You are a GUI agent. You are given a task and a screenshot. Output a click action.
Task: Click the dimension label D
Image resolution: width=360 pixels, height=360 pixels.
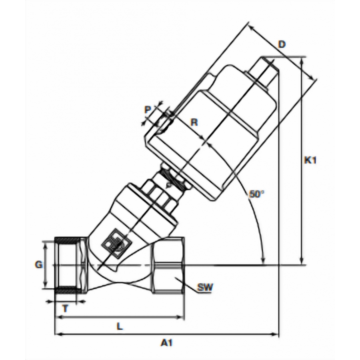(x=282, y=44)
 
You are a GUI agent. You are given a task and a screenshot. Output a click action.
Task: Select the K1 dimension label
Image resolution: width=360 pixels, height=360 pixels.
(x=310, y=160)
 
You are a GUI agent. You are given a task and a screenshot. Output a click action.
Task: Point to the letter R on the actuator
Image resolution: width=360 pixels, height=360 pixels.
(x=194, y=122)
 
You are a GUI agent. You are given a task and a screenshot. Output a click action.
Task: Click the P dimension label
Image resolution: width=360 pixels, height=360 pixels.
(x=148, y=110)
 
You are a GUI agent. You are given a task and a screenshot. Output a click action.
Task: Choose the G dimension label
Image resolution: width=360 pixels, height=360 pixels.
(x=39, y=265)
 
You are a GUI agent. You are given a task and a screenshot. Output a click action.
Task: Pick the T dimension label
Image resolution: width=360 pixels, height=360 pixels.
(x=66, y=308)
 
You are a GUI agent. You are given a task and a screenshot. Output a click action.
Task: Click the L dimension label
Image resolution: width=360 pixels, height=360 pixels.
(x=120, y=326)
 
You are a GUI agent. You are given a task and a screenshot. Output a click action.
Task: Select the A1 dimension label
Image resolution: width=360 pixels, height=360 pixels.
(x=166, y=343)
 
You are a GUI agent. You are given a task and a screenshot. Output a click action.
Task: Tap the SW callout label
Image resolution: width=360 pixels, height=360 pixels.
(x=205, y=287)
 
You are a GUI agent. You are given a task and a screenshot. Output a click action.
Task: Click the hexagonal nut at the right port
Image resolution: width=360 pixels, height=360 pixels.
(x=168, y=265)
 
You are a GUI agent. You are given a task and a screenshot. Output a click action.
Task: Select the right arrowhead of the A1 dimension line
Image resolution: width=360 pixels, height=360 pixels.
(x=275, y=334)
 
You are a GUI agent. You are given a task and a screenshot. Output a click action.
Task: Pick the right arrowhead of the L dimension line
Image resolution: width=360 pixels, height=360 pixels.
(x=181, y=317)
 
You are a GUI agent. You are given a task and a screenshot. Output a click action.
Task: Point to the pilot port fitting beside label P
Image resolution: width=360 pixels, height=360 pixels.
(x=165, y=120)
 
